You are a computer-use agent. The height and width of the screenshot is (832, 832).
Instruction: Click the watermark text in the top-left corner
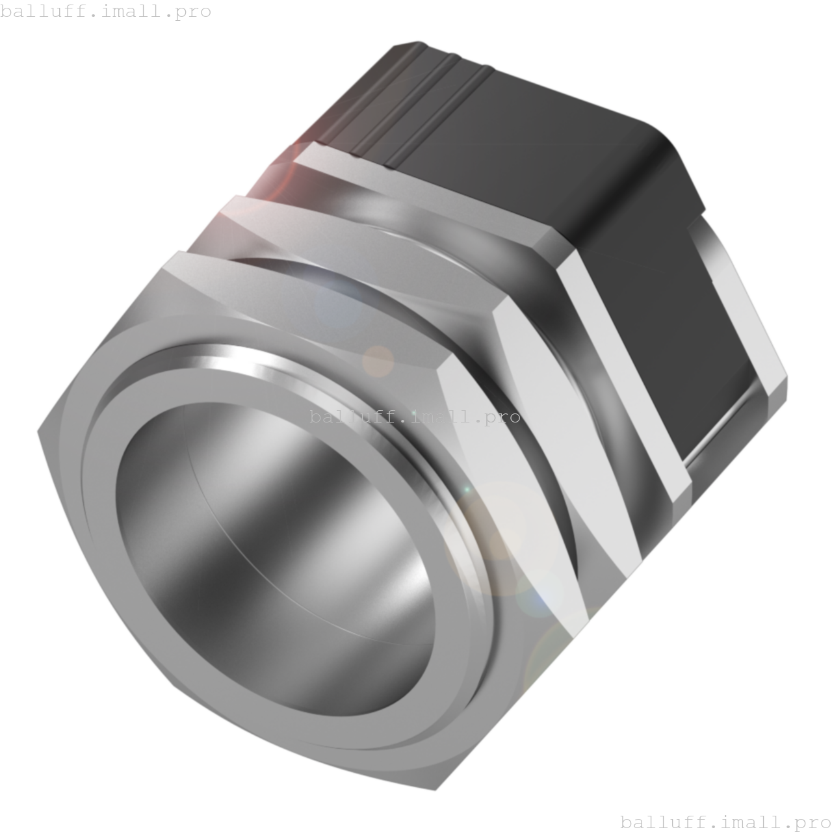[x=105, y=11]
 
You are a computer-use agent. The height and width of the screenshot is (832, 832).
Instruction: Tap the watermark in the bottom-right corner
[x=725, y=821]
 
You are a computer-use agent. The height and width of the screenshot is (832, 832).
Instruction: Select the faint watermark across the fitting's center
[x=415, y=417]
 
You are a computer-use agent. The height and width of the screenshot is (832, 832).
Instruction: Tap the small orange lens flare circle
[x=378, y=361]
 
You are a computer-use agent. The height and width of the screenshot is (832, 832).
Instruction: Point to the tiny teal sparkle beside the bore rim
[x=465, y=489]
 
